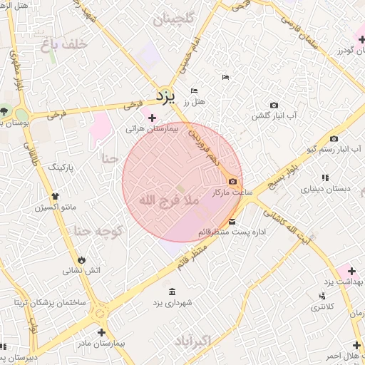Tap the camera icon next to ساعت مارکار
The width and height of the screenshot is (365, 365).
point(232,182)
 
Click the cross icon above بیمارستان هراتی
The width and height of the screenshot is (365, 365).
point(151,118)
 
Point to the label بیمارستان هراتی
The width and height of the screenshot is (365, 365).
point(150,129)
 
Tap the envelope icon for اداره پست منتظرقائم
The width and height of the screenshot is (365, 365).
point(232,221)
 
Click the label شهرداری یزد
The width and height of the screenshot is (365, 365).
point(173,304)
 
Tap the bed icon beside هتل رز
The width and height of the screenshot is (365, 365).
point(194,91)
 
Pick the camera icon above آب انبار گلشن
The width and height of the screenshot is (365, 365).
point(274,105)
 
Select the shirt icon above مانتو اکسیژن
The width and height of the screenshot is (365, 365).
point(55,195)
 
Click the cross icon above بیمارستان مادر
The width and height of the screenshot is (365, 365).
point(101,332)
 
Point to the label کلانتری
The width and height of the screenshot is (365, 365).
point(324,307)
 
